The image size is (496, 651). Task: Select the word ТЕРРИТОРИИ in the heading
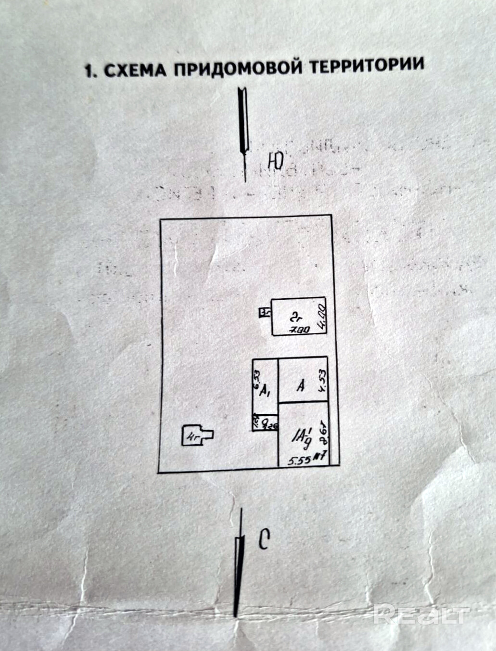(366, 65)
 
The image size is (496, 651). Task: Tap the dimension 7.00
(299, 330)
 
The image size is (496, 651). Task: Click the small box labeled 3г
(264, 313)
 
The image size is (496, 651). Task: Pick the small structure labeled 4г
(194, 436)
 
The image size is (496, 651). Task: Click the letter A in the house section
(301, 385)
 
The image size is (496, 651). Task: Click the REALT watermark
(421, 614)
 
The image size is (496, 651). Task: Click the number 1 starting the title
(88, 72)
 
